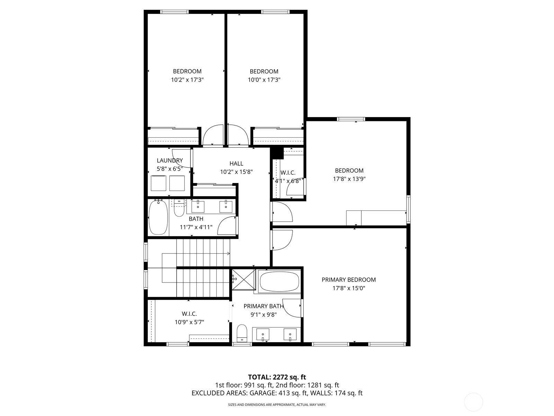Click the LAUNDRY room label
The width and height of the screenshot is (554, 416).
(170, 161)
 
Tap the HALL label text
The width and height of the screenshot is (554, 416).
(236, 163)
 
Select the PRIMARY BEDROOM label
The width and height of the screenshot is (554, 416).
(349, 280)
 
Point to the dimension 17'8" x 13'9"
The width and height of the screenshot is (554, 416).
(349, 179)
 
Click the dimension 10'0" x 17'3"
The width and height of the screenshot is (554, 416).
(264, 80)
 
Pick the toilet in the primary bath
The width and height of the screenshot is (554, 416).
(242, 333)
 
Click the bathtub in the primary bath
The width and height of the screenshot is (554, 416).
(279, 281)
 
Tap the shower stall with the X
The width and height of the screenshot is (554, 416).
(244, 280)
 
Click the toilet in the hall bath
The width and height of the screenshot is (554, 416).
(179, 208)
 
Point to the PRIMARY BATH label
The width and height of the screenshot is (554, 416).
(263, 306)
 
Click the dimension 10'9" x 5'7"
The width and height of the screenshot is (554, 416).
(189, 322)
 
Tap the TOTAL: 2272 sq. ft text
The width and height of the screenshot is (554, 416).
(277, 377)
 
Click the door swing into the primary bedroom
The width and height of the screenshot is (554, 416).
(283, 240)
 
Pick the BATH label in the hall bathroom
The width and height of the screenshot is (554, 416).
(196, 219)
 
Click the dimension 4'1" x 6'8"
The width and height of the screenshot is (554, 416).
(288, 181)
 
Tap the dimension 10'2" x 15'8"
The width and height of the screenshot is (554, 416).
(236, 172)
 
